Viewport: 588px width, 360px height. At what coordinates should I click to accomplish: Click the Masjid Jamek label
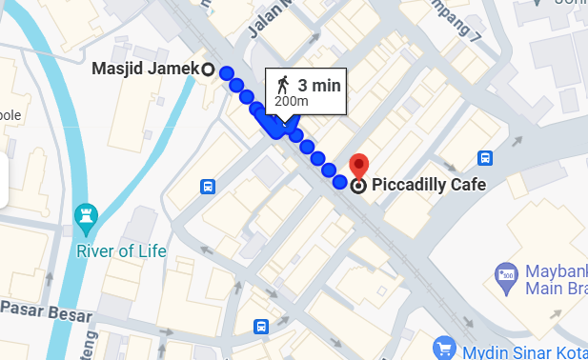[145, 69]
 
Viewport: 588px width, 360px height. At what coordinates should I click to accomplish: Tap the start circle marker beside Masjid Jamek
[209, 69]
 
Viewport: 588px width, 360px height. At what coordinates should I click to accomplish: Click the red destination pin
[358, 165]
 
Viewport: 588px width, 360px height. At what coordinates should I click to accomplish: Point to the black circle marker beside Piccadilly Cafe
[358, 186]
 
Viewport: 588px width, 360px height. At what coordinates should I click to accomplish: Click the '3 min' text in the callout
[319, 85]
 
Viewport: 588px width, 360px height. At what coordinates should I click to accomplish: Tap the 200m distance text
[292, 100]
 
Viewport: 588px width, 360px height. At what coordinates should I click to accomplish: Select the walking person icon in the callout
[282, 84]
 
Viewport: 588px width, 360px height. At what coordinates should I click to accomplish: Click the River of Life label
[121, 251]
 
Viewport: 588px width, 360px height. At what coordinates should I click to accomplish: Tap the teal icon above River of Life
[87, 219]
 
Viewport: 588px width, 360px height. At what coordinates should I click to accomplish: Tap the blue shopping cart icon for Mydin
[443, 348]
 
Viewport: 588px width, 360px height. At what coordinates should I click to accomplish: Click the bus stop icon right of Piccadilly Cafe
[484, 158]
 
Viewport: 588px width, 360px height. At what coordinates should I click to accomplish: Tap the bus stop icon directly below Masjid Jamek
[208, 186]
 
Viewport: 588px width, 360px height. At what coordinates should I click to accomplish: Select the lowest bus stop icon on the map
[260, 328]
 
